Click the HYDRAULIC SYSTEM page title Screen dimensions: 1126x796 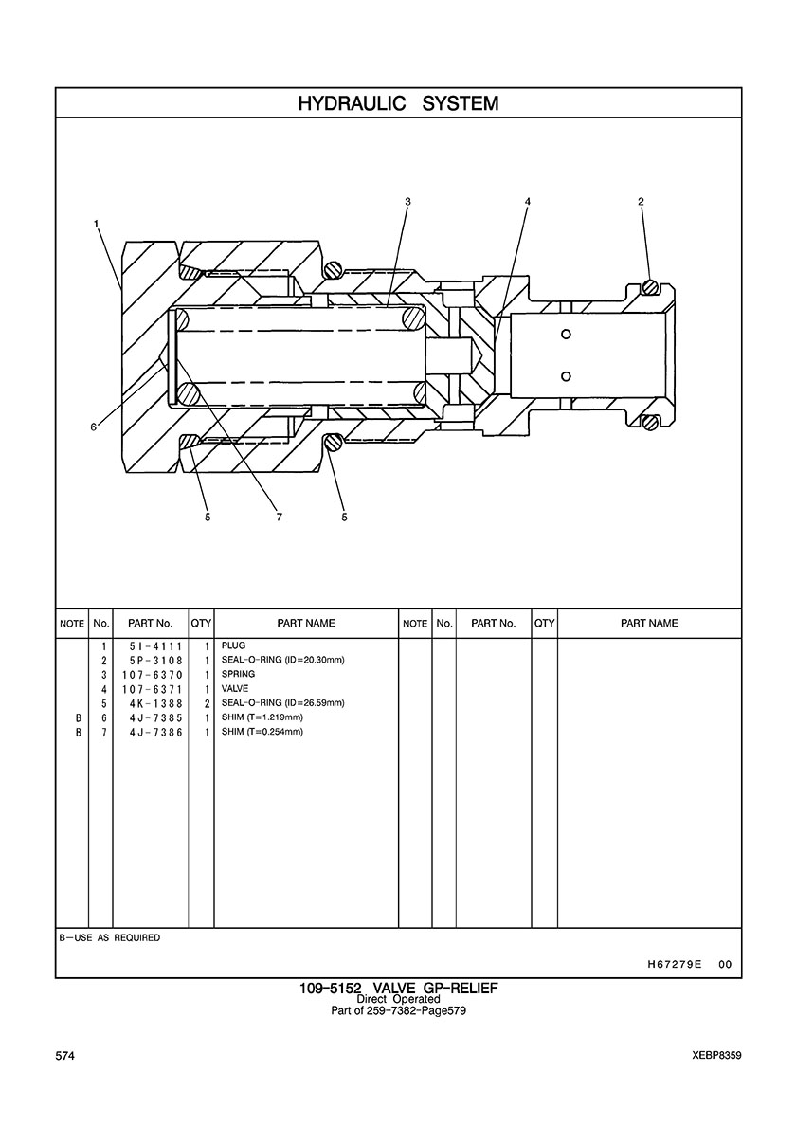point(398,103)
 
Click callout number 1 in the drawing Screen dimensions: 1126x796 point(97,224)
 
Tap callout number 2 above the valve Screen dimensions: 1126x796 point(642,201)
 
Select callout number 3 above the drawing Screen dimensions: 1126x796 point(407,201)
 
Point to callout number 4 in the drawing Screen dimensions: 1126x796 point(528,201)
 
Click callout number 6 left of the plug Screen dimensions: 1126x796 point(93,427)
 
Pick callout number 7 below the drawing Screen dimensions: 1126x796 point(280,517)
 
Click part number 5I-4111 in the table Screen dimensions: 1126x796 point(155,646)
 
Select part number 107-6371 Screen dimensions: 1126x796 point(155,689)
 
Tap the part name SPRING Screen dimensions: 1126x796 point(238,675)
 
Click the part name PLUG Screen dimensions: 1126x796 point(233,646)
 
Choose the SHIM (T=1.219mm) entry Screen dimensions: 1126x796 point(262,717)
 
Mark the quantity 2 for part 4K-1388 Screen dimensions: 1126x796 point(206,703)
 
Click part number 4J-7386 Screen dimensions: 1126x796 point(155,732)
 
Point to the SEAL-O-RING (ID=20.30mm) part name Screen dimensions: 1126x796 point(282,661)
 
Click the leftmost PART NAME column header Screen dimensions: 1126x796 point(305,624)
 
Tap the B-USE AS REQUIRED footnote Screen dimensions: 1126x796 point(110,938)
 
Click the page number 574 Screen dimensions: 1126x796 point(65,1055)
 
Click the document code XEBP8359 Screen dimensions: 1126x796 point(716,1055)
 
